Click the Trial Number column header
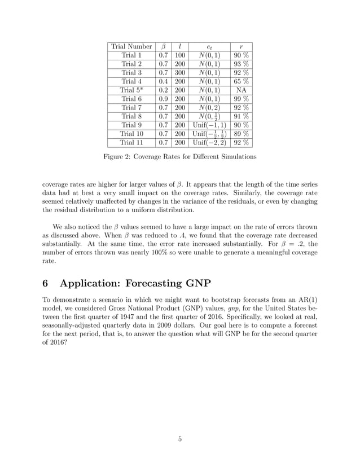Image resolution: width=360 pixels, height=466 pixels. point(131,46)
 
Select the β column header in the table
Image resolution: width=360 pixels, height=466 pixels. point(164,46)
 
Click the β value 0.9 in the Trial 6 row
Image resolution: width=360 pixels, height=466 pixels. point(164,98)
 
